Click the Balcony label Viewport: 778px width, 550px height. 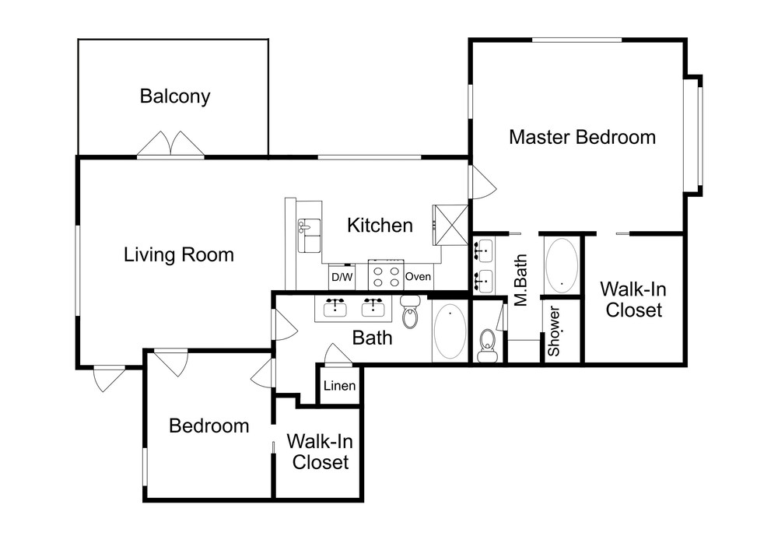(x=174, y=96)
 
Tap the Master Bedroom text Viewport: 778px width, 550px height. (x=582, y=137)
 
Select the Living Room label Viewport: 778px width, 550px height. (x=179, y=255)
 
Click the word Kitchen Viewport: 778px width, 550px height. (x=380, y=225)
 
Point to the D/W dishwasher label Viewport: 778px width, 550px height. (x=342, y=277)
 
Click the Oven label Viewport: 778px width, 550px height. (x=418, y=276)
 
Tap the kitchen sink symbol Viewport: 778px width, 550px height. (x=309, y=235)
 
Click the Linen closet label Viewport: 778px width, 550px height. (x=339, y=385)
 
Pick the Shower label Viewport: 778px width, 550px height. (x=554, y=331)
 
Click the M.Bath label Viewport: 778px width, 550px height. (x=520, y=280)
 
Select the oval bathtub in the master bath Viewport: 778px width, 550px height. (x=562, y=266)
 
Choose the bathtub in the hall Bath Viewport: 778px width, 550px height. (x=450, y=331)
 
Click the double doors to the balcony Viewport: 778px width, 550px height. (x=170, y=144)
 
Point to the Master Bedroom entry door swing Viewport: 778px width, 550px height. (x=483, y=182)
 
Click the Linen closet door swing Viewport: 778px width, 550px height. (x=338, y=355)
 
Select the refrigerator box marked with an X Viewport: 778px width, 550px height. (x=450, y=225)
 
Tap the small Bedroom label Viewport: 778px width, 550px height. (x=209, y=426)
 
